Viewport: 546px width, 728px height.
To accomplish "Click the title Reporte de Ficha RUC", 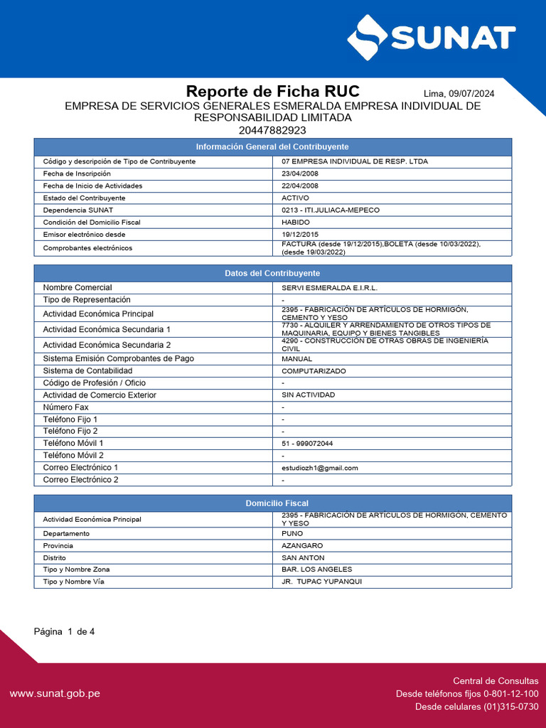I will [272, 92].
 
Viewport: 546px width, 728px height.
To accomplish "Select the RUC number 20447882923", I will [272, 130].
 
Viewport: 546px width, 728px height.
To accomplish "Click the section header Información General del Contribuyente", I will [272, 146].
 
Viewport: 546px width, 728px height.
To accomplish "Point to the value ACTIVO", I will [296, 198].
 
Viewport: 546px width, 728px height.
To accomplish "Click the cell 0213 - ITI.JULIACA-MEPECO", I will [331, 210].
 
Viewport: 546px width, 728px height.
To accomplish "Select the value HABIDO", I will [296, 222].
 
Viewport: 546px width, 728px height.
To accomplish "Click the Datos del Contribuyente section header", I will [272, 273].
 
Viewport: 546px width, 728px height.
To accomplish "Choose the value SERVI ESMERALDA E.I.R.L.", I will [329, 288].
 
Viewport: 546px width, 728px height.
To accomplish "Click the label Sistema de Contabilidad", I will [87, 370].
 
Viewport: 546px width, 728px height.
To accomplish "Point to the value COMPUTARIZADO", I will [314, 371].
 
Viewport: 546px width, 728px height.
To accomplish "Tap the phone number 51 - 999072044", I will [307, 444].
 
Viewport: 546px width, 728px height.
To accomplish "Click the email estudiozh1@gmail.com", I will [320, 468].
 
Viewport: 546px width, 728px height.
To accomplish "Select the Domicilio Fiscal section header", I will [272, 503].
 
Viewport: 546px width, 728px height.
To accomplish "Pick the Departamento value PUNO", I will [292, 533].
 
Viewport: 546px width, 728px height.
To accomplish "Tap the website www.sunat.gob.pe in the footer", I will [55, 693].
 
